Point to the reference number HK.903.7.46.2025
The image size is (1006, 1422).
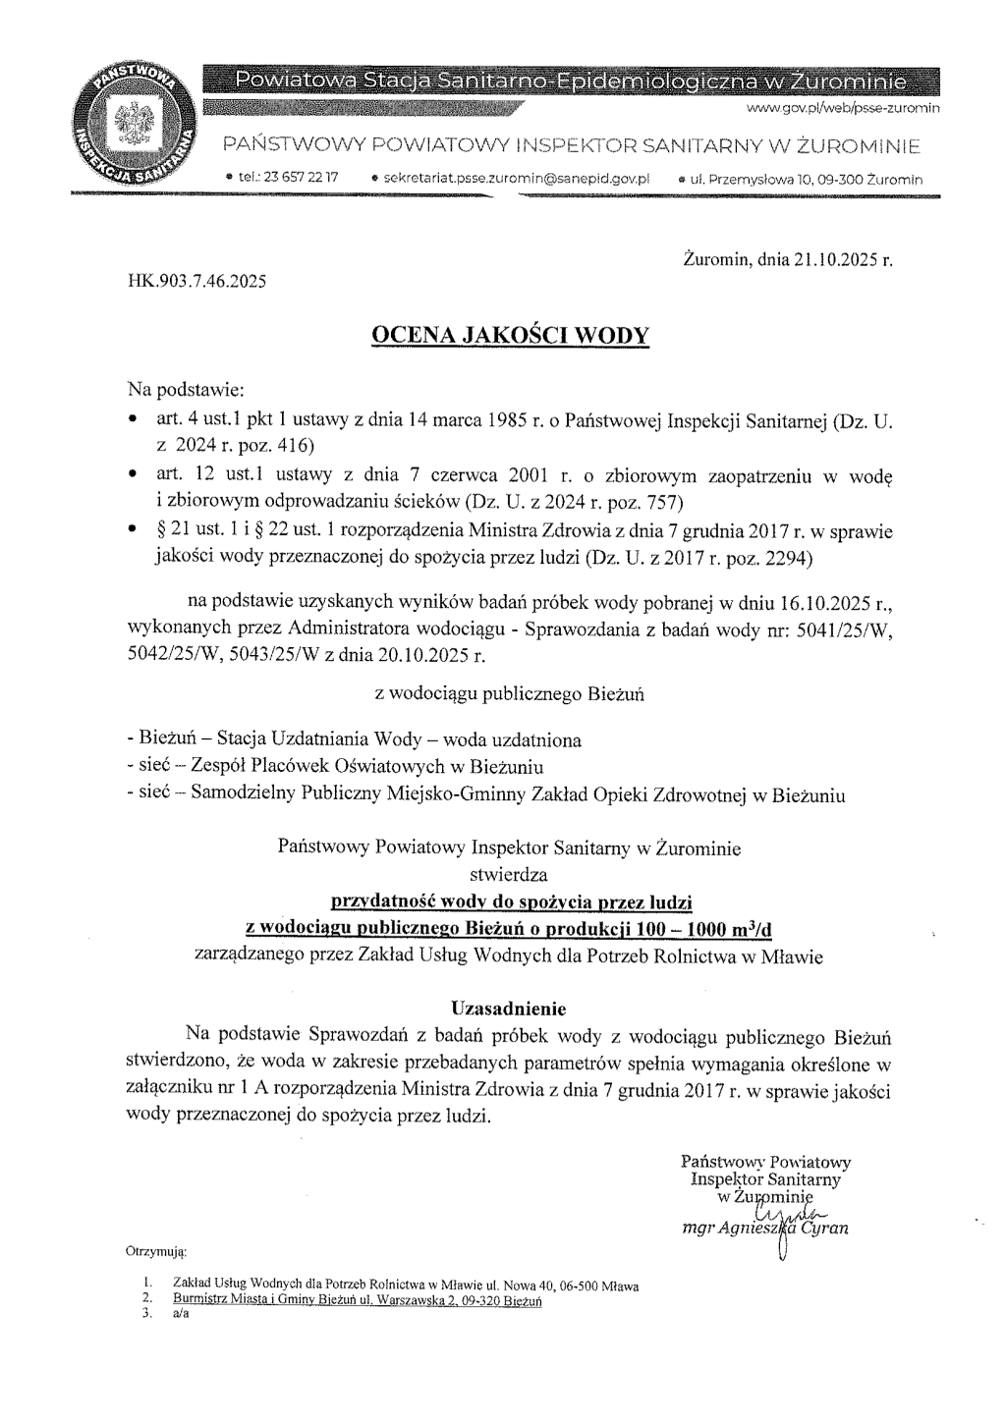click(x=196, y=282)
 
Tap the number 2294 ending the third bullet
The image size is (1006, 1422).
click(x=780, y=558)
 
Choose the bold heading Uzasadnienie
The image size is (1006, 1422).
click(x=509, y=1008)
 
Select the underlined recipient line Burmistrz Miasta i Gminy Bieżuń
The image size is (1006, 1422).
click(x=357, y=1299)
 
